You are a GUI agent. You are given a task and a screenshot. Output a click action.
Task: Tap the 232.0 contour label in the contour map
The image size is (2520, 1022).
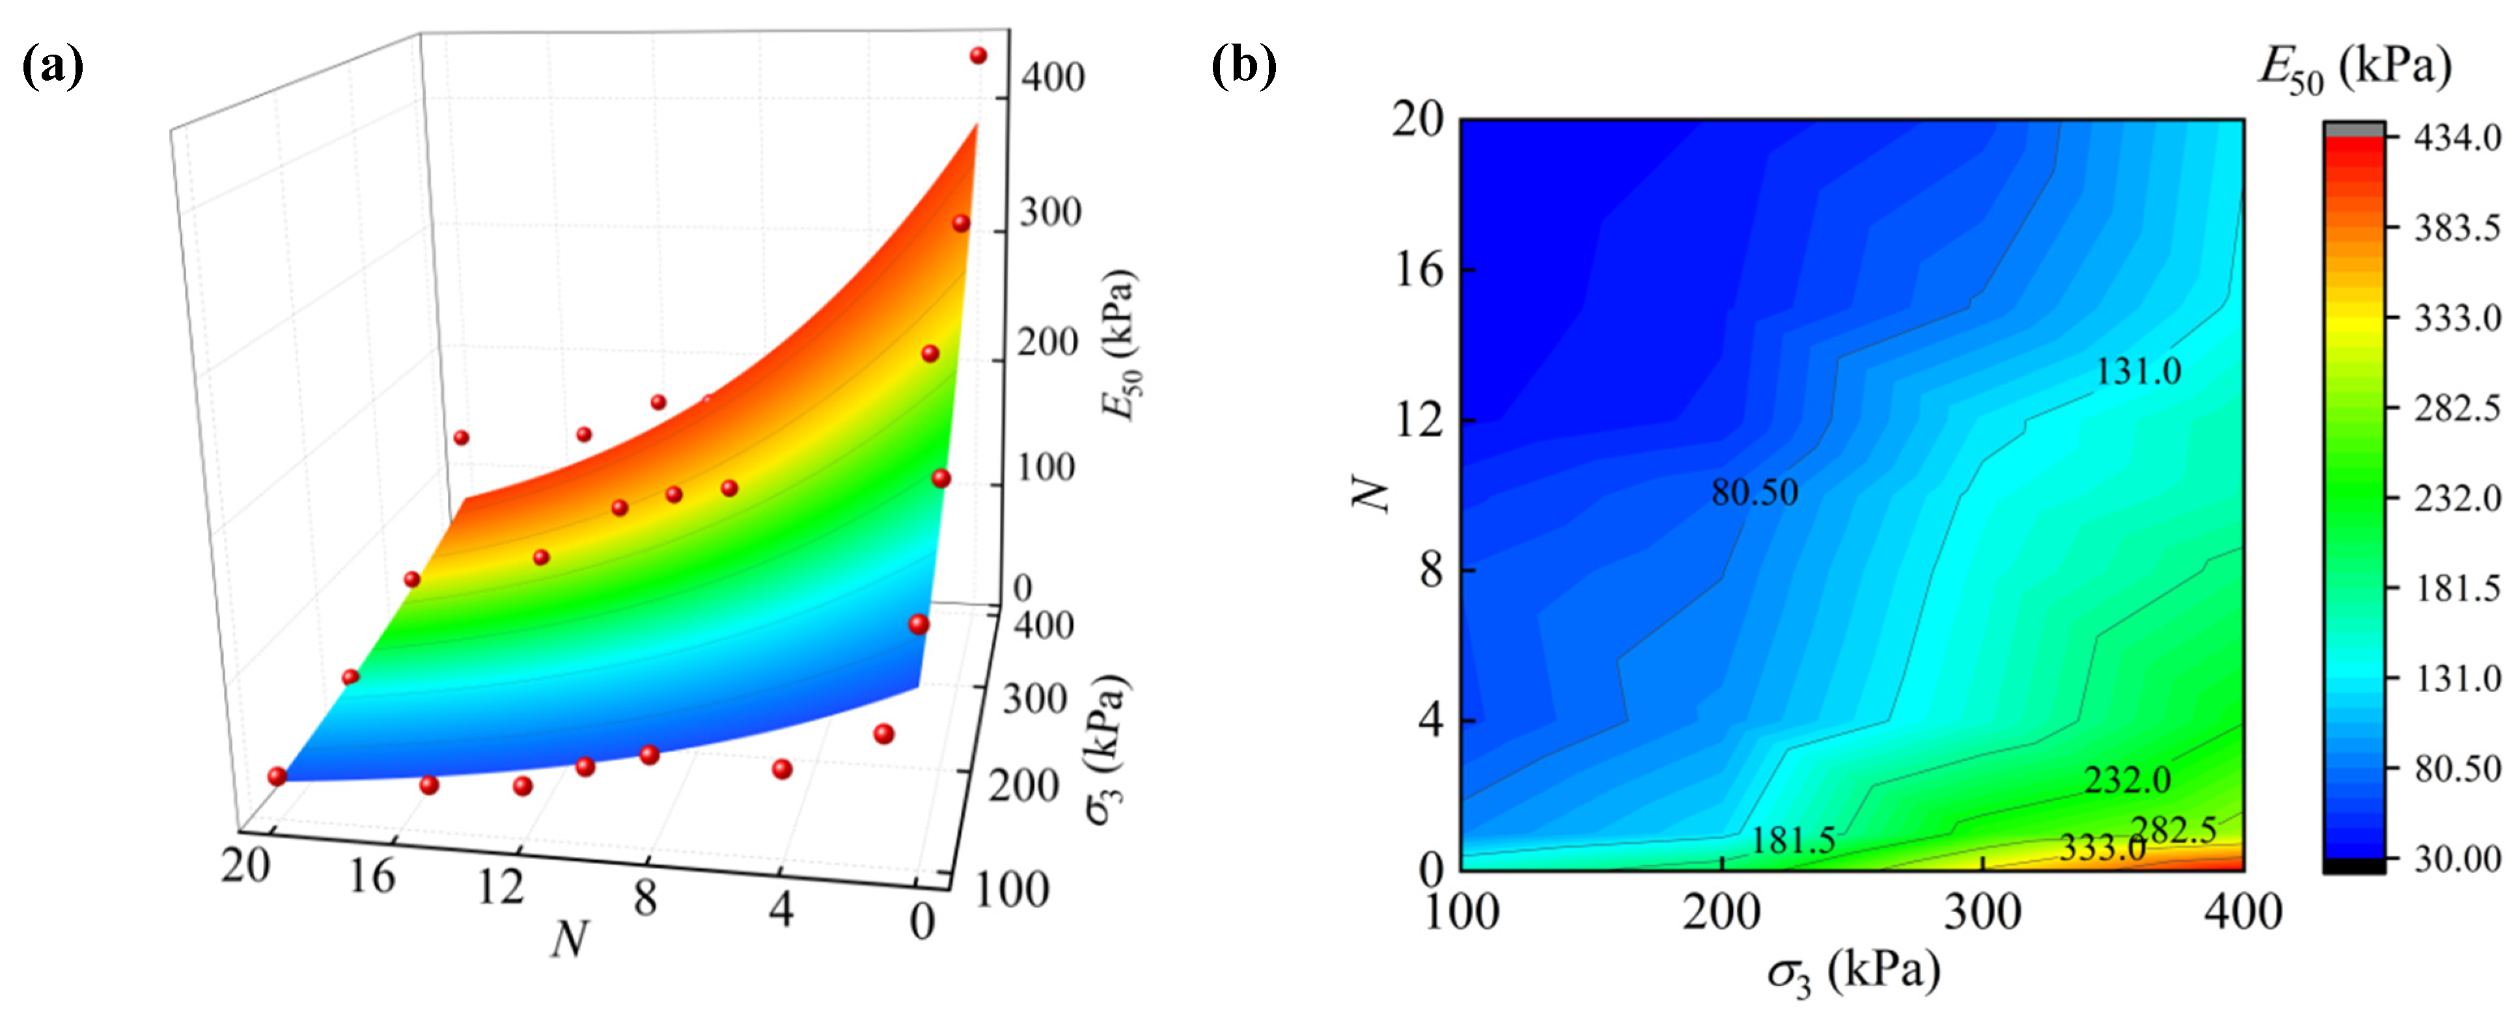click(x=2127, y=779)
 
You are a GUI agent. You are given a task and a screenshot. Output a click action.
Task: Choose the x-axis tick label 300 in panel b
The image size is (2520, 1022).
click(x=1982, y=913)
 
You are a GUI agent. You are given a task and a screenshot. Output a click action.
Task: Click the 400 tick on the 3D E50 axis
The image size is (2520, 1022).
click(x=1051, y=77)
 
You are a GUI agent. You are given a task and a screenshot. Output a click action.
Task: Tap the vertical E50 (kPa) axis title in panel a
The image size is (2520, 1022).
click(x=1120, y=344)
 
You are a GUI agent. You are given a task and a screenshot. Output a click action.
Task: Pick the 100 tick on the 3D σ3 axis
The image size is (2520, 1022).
click(x=1012, y=889)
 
